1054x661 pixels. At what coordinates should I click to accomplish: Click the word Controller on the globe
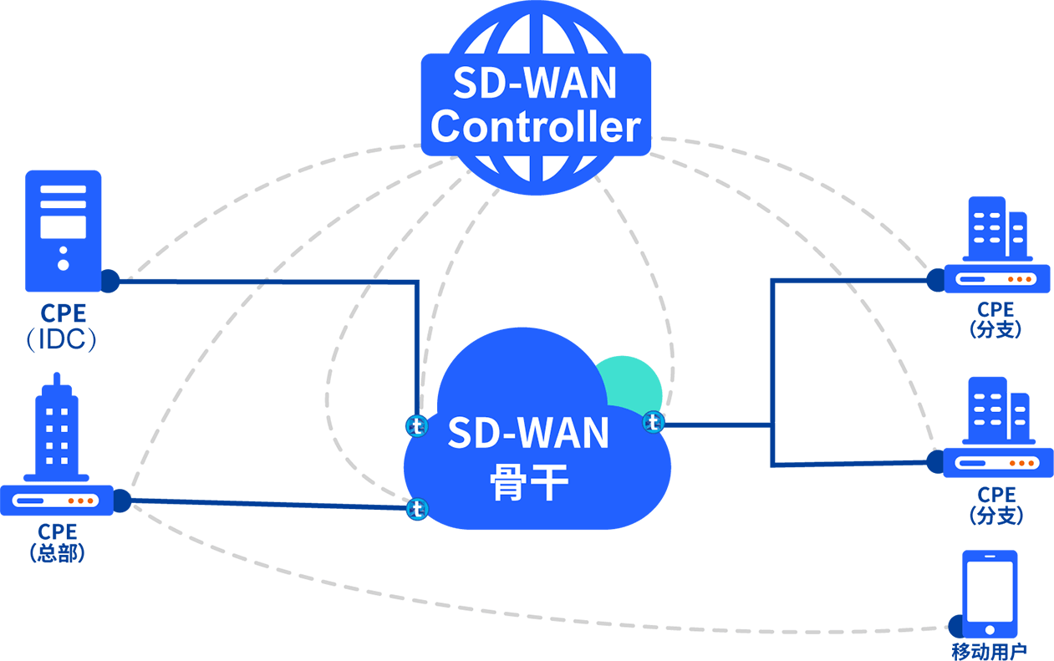point(535,126)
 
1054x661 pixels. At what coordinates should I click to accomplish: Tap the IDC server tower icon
point(64,230)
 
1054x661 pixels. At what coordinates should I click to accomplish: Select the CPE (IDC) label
point(63,327)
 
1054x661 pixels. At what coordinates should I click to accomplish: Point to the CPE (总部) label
point(58,542)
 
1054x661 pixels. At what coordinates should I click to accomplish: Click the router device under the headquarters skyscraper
point(56,501)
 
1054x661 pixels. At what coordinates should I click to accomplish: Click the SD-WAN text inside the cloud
point(528,432)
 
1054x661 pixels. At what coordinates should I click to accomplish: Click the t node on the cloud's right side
point(654,423)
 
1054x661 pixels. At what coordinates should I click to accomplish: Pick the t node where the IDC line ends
point(416,426)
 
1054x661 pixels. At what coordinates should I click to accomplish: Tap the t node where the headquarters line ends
point(416,508)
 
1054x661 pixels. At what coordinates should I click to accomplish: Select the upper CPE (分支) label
point(995,320)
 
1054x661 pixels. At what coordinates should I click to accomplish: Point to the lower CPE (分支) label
point(996,505)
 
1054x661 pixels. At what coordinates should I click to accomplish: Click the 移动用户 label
point(990,651)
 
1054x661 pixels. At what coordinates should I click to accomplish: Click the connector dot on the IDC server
point(109,281)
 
